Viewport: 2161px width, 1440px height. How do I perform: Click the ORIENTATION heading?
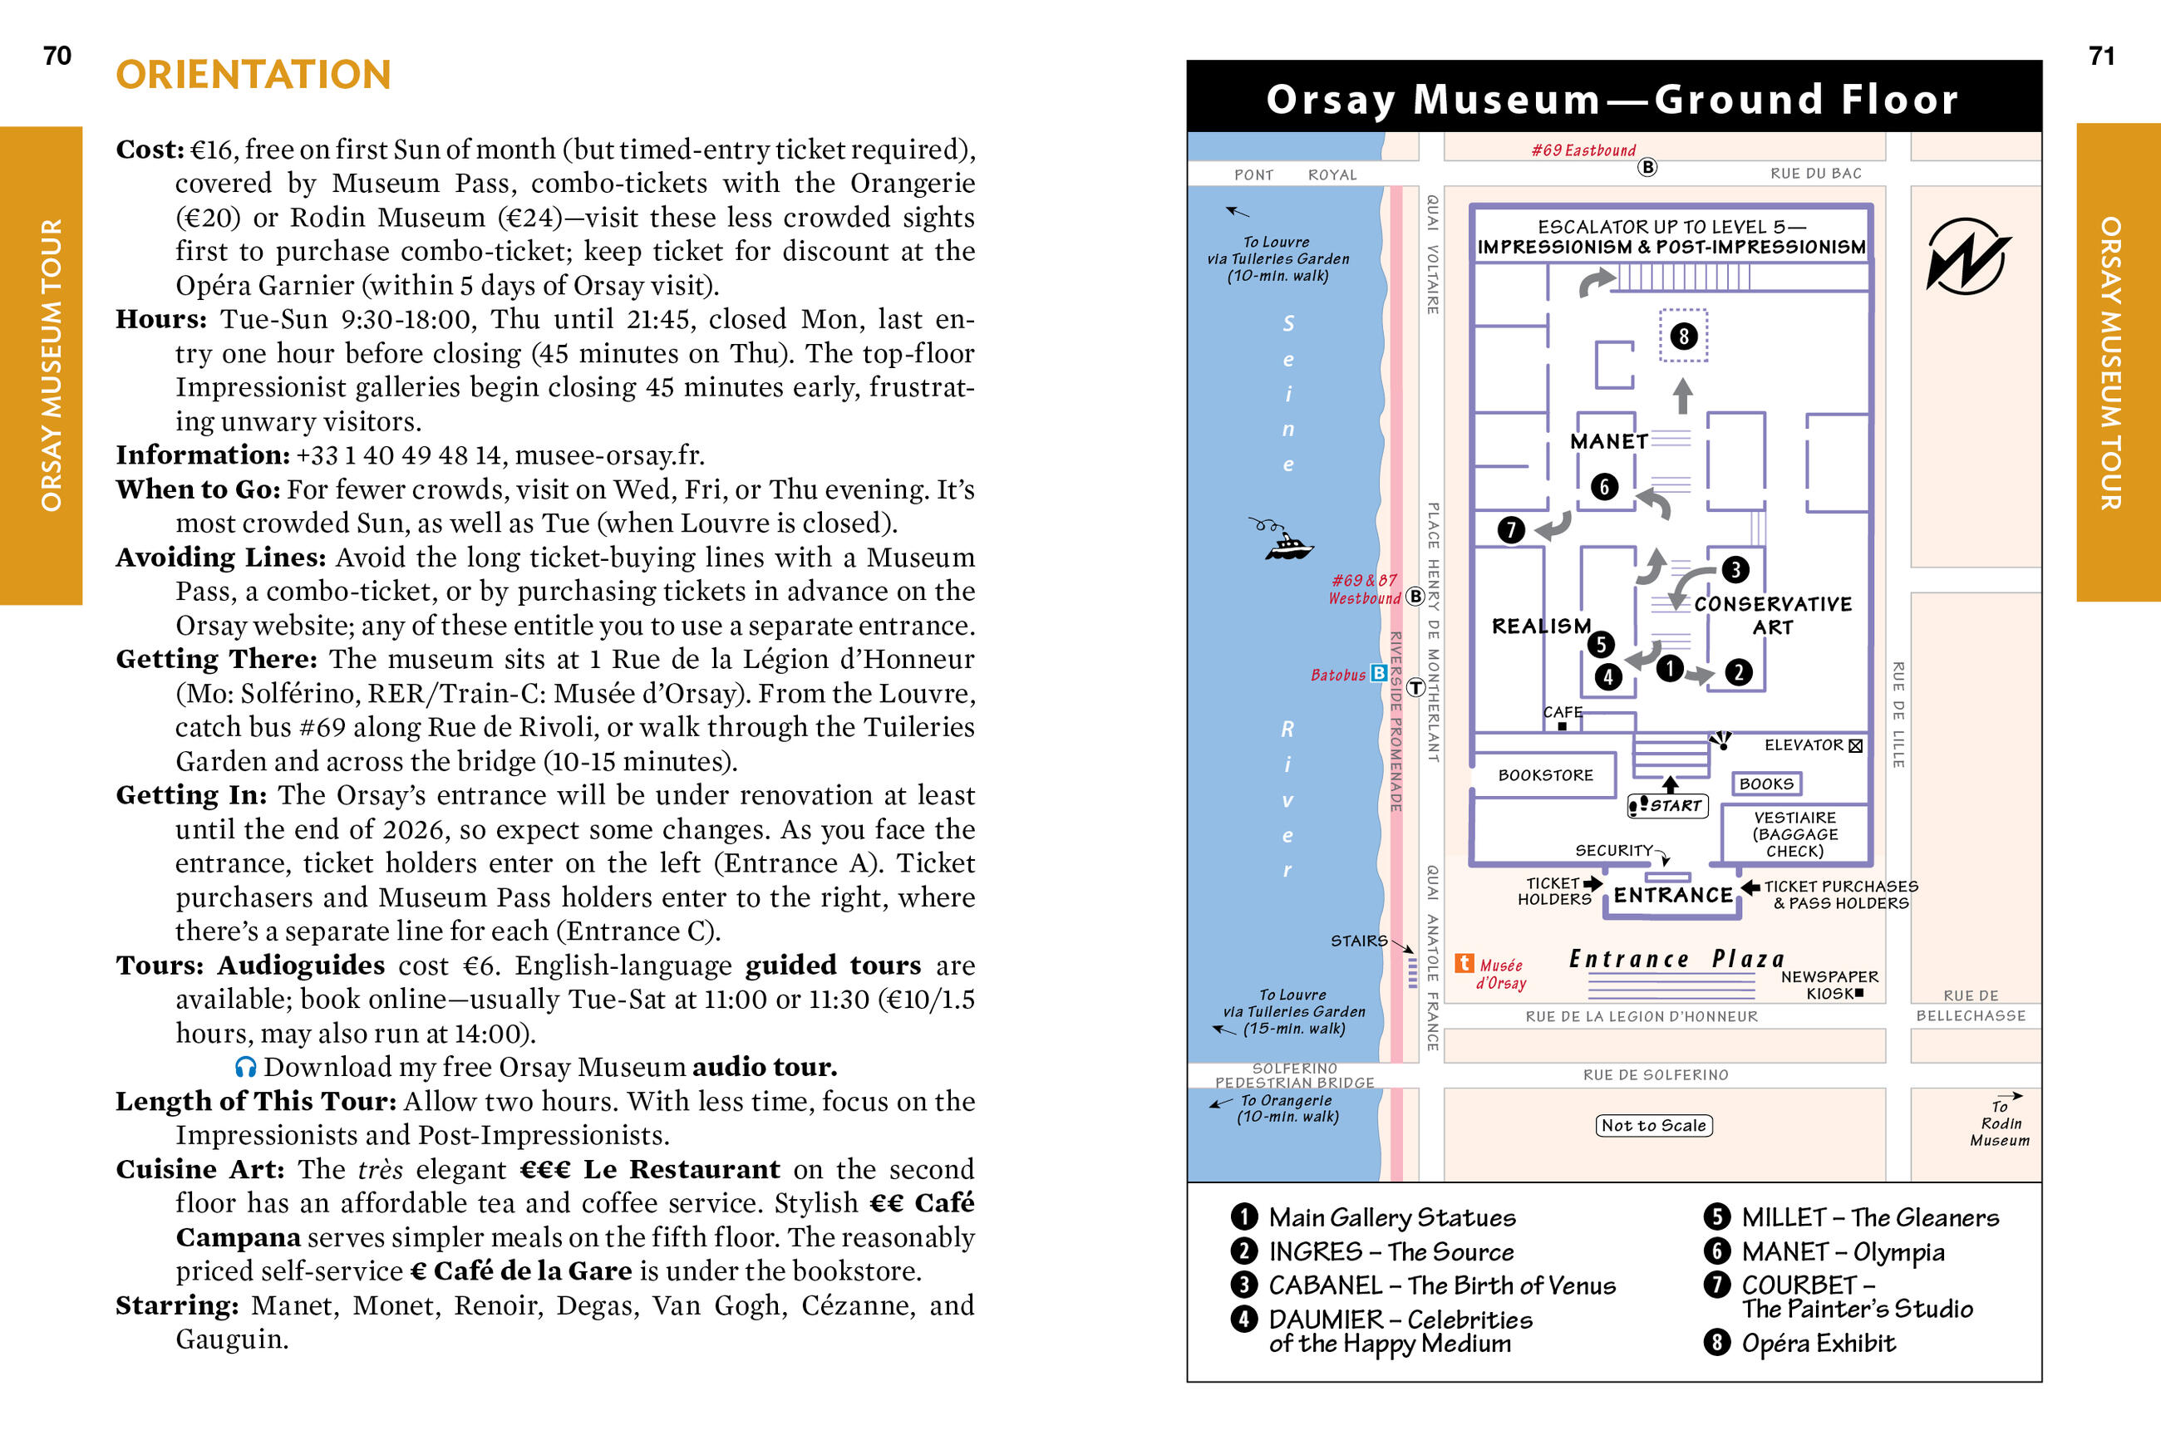254,76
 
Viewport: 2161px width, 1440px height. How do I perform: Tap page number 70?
57,56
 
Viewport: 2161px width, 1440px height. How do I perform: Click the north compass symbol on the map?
1967,256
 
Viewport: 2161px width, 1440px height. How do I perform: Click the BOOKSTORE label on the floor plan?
1546,775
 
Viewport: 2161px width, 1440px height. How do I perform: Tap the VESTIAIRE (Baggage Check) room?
1794,834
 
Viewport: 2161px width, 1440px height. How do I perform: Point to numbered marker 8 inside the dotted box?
1683,337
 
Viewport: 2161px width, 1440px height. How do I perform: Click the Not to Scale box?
1653,1125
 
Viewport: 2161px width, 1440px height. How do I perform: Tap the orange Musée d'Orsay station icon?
1464,963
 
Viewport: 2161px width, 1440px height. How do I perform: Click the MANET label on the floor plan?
1608,442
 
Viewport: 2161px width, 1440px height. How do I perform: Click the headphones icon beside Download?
245,1066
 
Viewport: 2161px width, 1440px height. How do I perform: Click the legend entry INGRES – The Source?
1391,1251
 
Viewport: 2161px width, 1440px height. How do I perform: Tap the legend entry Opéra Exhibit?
1818,1343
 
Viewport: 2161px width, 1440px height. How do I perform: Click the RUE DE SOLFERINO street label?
1655,1074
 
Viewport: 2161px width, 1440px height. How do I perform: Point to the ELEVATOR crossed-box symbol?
1855,745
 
